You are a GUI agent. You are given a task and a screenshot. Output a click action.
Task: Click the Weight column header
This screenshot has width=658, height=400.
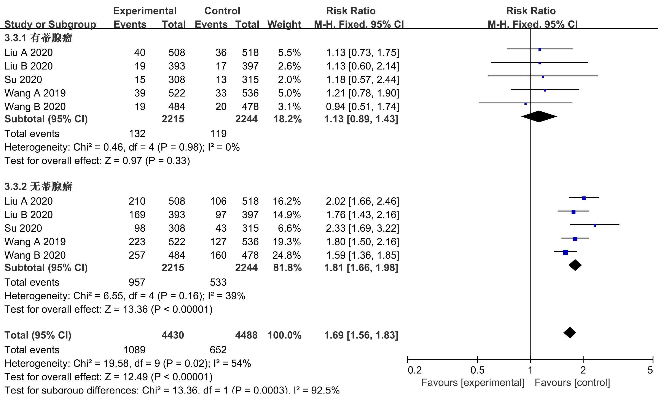click(x=284, y=24)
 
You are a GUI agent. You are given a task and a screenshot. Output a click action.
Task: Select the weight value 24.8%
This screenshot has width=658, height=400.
click(x=286, y=255)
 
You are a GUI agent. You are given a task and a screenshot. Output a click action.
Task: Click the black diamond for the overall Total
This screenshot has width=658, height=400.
click(x=570, y=332)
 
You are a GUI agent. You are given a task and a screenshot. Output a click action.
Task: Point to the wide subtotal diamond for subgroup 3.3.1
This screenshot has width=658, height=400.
click(x=539, y=116)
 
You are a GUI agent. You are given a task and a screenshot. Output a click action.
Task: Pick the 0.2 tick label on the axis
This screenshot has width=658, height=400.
click(x=414, y=370)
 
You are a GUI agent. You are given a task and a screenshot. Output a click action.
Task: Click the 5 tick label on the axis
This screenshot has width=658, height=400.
click(x=650, y=370)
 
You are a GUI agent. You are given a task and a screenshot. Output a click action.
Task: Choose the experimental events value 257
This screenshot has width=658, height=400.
click(x=137, y=255)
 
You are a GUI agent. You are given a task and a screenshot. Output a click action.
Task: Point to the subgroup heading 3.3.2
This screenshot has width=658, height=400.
click(x=38, y=187)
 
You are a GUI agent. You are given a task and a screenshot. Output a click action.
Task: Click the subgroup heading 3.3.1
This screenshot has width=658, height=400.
click(x=38, y=38)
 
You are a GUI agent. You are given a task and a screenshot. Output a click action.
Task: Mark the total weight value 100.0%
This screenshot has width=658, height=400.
click(x=284, y=335)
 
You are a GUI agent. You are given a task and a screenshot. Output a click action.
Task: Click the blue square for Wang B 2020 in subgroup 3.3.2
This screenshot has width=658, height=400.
click(x=565, y=252)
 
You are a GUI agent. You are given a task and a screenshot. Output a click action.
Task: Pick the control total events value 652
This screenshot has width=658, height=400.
click(x=218, y=350)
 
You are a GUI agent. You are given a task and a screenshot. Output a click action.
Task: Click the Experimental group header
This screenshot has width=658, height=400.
click(x=145, y=11)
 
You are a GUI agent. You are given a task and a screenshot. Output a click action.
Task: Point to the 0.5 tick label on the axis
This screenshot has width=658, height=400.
click(x=477, y=370)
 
